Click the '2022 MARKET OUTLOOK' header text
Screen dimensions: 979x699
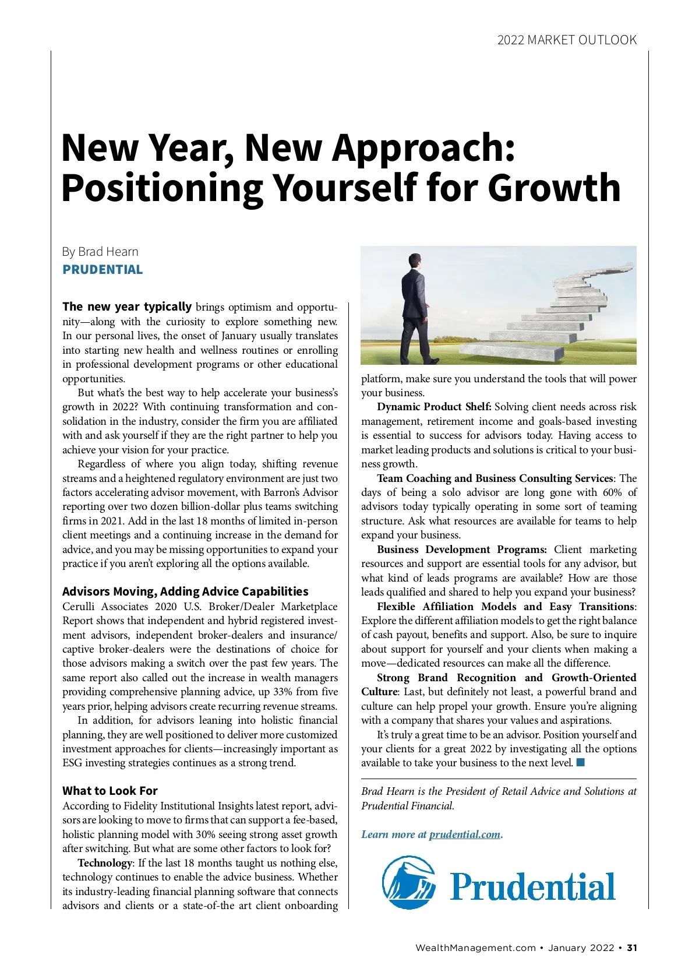(567, 40)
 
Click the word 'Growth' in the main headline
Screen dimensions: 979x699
(553, 188)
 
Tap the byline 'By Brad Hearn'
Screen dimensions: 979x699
(100, 252)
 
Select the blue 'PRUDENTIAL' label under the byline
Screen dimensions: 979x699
(103, 270)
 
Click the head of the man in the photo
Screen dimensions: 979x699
(415, 260)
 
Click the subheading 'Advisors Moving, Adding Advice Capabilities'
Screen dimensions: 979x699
(185, 591)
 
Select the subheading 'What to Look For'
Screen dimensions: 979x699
(110, 791)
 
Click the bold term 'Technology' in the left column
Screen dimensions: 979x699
(105, 863)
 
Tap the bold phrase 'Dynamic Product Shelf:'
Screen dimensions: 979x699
(434, 407)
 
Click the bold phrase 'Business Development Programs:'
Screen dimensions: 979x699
(461, 550)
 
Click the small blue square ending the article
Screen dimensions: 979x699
(580, 763)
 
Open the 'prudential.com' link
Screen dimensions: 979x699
(464, 834)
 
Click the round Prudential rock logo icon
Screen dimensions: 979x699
(408, 882)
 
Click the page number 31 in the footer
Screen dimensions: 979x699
(632, 948)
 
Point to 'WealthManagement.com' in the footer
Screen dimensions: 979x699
(475, 948)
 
